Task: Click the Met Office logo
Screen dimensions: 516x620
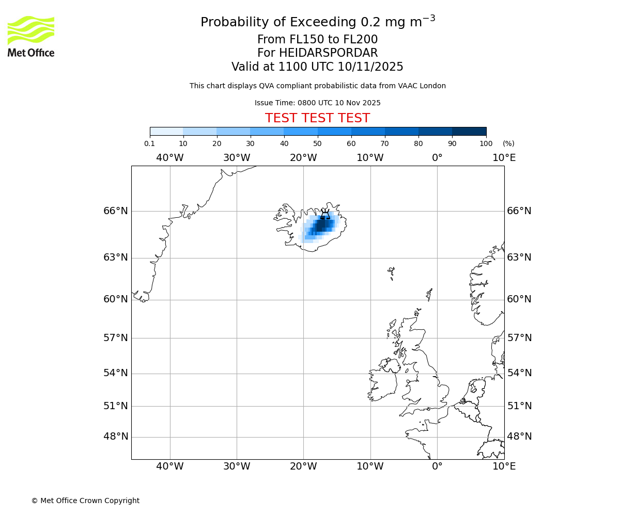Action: coord(31,36)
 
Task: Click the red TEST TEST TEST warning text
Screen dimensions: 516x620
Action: coord(317,119)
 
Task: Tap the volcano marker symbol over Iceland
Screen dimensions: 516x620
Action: coord(325,214)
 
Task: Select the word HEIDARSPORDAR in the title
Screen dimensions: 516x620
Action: coord(328,53)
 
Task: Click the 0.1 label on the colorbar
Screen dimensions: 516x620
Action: coord(149,143)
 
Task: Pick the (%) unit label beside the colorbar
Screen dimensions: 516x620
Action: coord(508,143)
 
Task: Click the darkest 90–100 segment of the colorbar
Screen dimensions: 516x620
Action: coord(469,131)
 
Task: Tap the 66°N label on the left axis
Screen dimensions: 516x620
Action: coord(116,211)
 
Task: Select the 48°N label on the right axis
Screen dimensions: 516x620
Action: coord(519,437)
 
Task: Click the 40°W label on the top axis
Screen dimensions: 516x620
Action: coord(169,157)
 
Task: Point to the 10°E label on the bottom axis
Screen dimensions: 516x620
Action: coord(504,466)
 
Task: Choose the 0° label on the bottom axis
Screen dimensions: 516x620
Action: coord(437,466)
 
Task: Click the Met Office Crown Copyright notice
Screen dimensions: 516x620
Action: coord(85,501)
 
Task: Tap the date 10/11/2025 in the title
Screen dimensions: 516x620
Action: coord(370,67)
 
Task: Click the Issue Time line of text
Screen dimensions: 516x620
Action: coord(317,103)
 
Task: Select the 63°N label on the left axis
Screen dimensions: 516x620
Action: coord(116,257)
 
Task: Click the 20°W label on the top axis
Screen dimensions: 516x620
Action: coord(303,157)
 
